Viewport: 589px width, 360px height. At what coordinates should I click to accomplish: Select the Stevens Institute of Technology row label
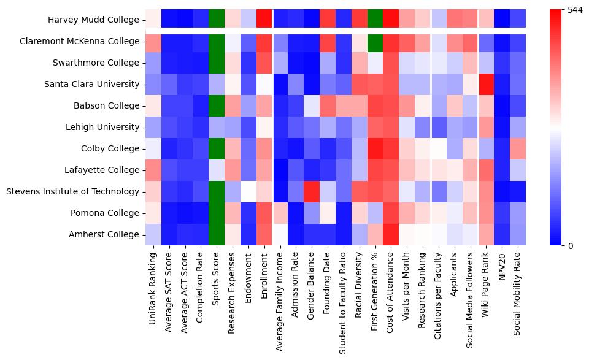tap(72, 192)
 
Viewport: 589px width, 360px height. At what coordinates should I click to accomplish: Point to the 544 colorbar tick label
tap(575, 10)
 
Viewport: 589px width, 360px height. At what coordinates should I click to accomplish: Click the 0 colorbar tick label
tap(571, 246)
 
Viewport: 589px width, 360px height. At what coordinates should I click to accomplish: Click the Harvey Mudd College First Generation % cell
tap(375, 20)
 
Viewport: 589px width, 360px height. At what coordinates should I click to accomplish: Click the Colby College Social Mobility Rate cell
tap(519, 149)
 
